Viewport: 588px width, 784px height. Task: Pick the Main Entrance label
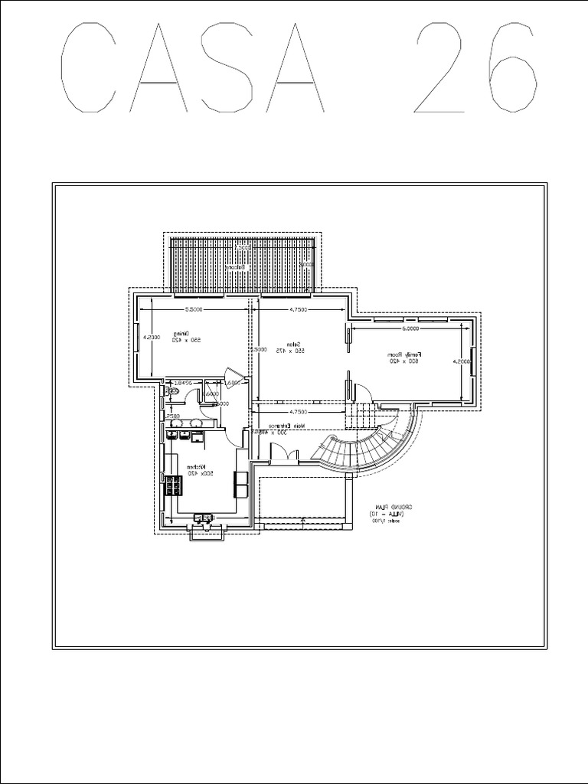(x=286, y=429)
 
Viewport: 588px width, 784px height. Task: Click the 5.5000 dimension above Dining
(x=193, y=310)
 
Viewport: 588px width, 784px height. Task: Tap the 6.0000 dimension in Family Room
(x=410, y=328)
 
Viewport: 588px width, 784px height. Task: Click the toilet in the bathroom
(x=173, y=392)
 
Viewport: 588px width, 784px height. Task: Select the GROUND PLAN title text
(x=393, y=511)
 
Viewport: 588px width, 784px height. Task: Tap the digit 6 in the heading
(x=508, y=69)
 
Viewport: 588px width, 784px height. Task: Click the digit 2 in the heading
(x=442, y=69)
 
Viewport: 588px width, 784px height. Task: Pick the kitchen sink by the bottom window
(x=203, y=518)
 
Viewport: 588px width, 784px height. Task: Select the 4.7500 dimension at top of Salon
(x=298, y=310)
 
